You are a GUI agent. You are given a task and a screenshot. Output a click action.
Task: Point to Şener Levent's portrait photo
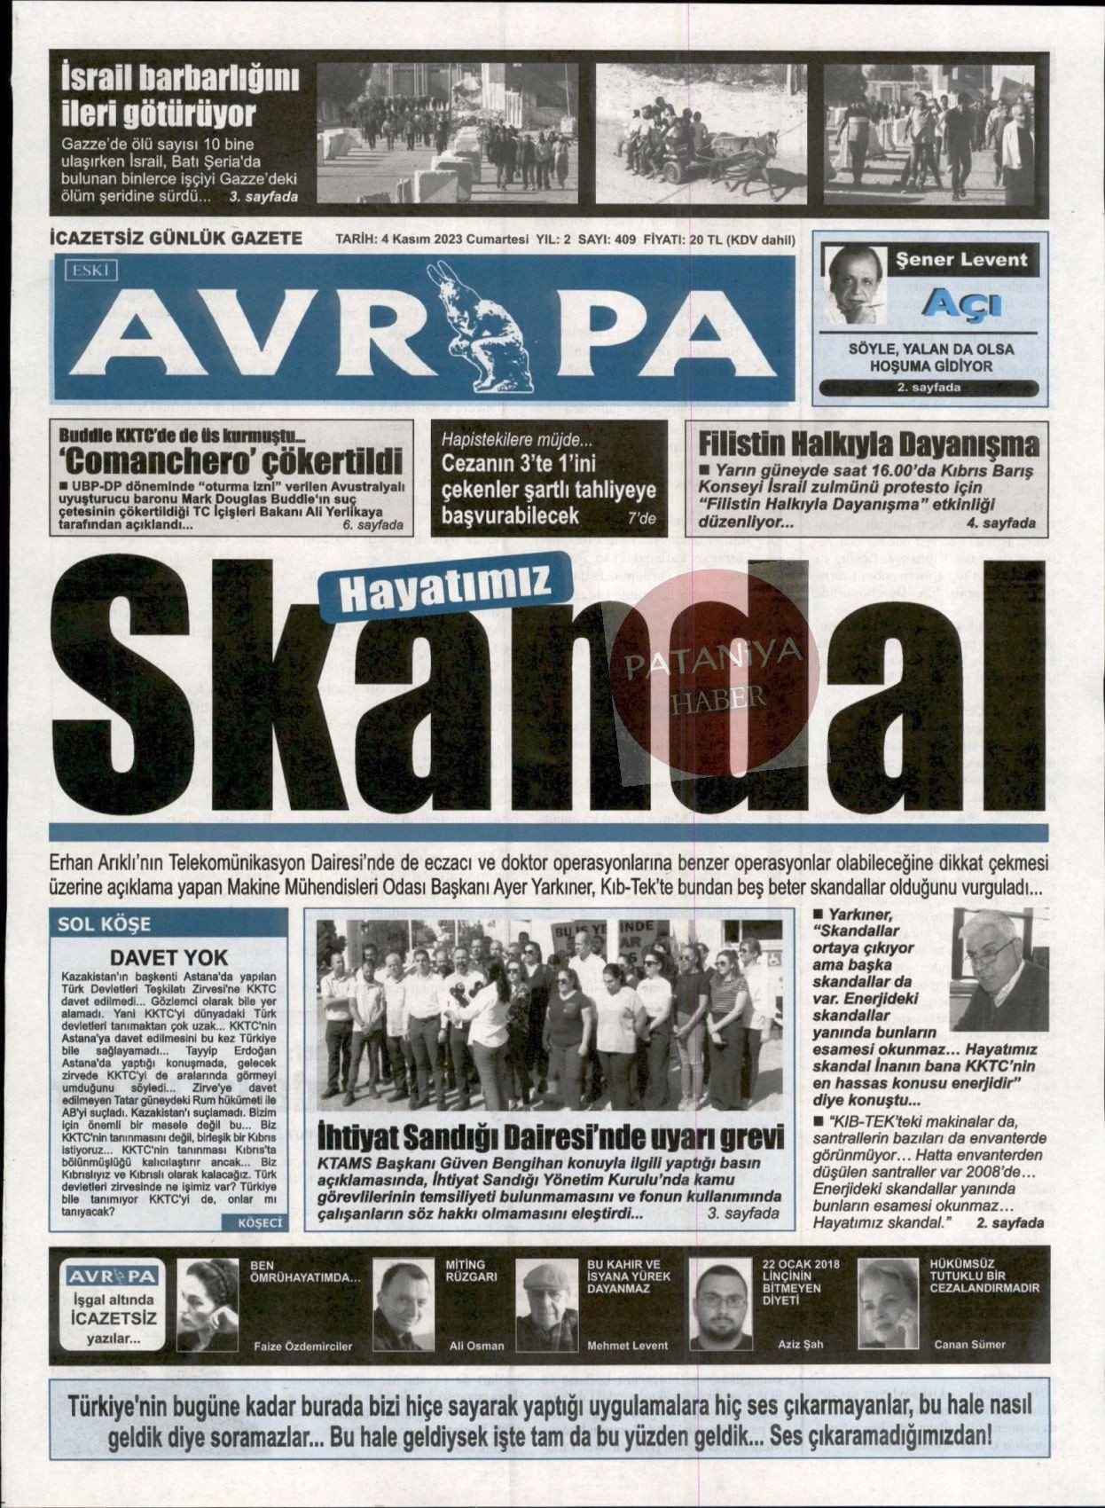click(855, 284)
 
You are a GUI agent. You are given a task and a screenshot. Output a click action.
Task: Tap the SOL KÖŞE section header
click(105, 923)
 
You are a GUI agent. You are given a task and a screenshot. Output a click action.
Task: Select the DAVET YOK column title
click(169, 957)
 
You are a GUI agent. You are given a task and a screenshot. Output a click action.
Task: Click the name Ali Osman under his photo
click(477, 1346)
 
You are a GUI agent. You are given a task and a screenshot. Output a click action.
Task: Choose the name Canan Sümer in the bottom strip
click(969, 1345)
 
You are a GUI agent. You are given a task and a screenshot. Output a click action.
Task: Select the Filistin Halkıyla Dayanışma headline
click(868, 443)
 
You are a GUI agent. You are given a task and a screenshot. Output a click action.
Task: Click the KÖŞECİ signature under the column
click(258, 1222)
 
